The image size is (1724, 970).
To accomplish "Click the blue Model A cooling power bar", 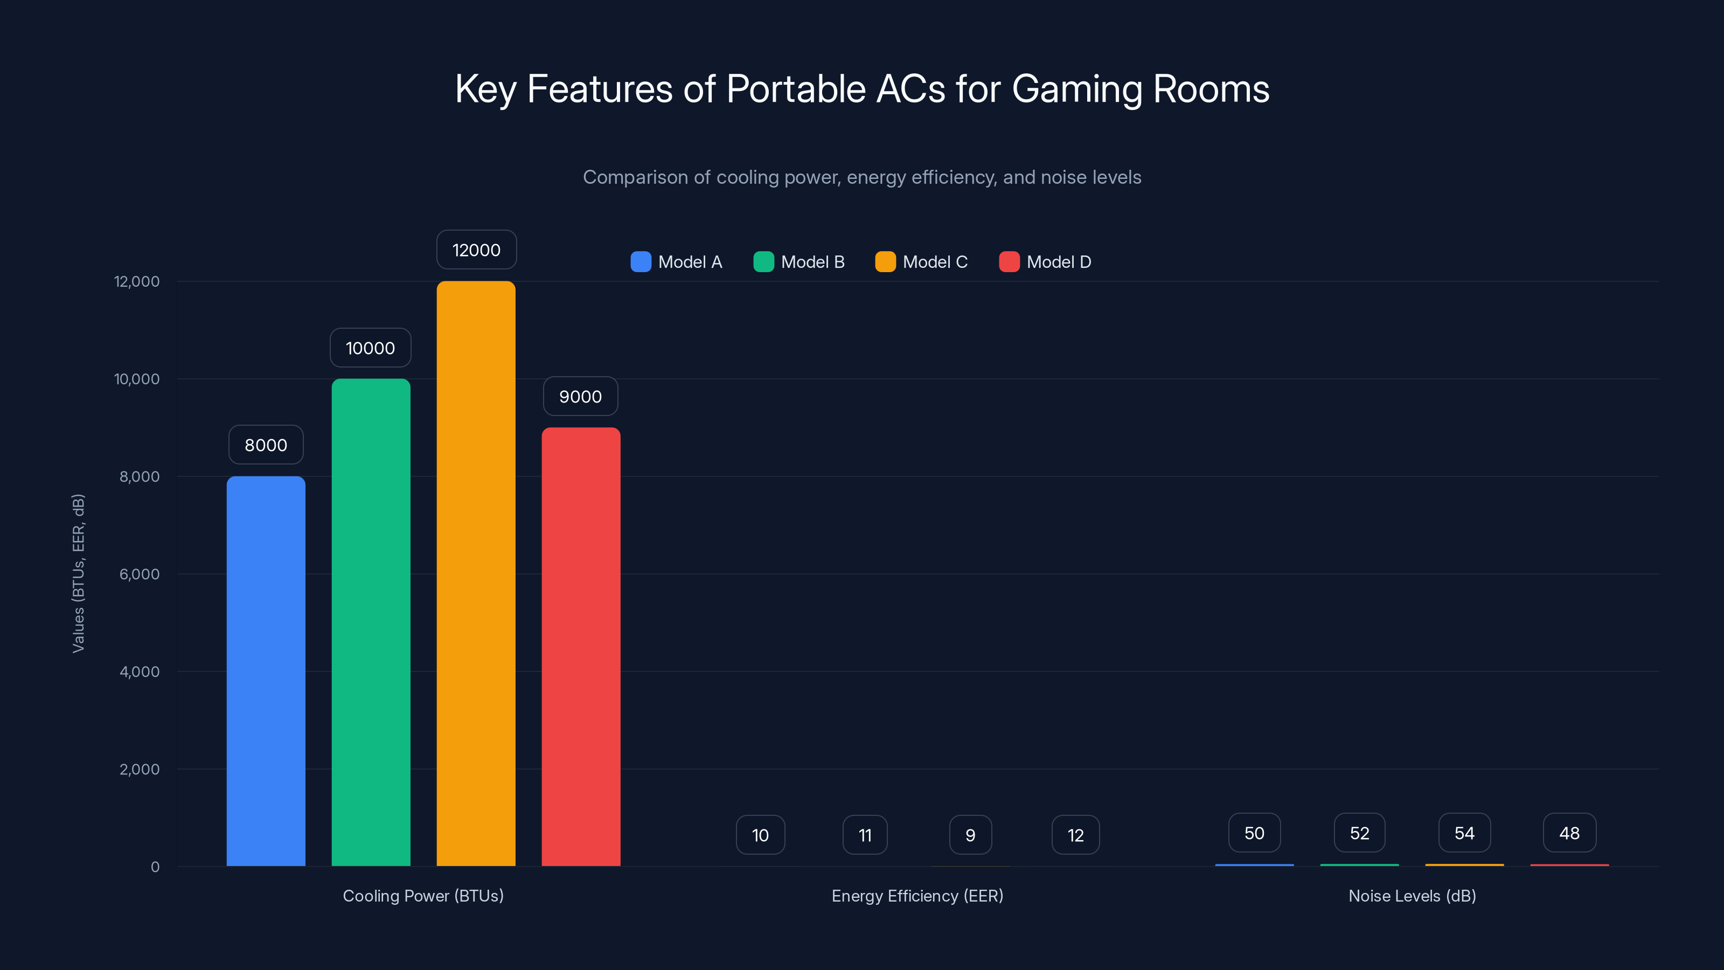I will point(266,671).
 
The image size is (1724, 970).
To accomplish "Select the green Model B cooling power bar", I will point(371,622).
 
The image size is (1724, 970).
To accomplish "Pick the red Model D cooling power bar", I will point(581,647).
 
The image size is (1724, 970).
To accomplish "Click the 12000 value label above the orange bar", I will point(476,250).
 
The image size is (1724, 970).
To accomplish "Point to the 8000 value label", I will point(266,445).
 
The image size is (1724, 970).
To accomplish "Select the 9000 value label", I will point(580,396).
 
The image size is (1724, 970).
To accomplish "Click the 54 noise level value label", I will point(1464,833).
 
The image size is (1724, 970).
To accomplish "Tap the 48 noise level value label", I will point(1569,833).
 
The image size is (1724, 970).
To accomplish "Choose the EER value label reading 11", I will point(865,835).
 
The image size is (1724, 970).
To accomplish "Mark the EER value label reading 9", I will point(970,835).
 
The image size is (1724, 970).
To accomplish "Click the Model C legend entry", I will point(922,262).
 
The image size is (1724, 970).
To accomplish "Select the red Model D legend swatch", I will point(1009,262).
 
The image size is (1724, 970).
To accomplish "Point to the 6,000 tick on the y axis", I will point(139,574).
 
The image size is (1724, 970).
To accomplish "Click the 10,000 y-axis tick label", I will point(136,379).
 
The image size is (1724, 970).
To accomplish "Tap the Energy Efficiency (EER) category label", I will point(917,896).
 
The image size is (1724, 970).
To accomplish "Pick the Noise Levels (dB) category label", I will point(1412,896).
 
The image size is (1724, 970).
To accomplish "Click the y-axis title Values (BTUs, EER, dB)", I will point(78,573).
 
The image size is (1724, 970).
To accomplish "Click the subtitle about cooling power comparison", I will point(862,177).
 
